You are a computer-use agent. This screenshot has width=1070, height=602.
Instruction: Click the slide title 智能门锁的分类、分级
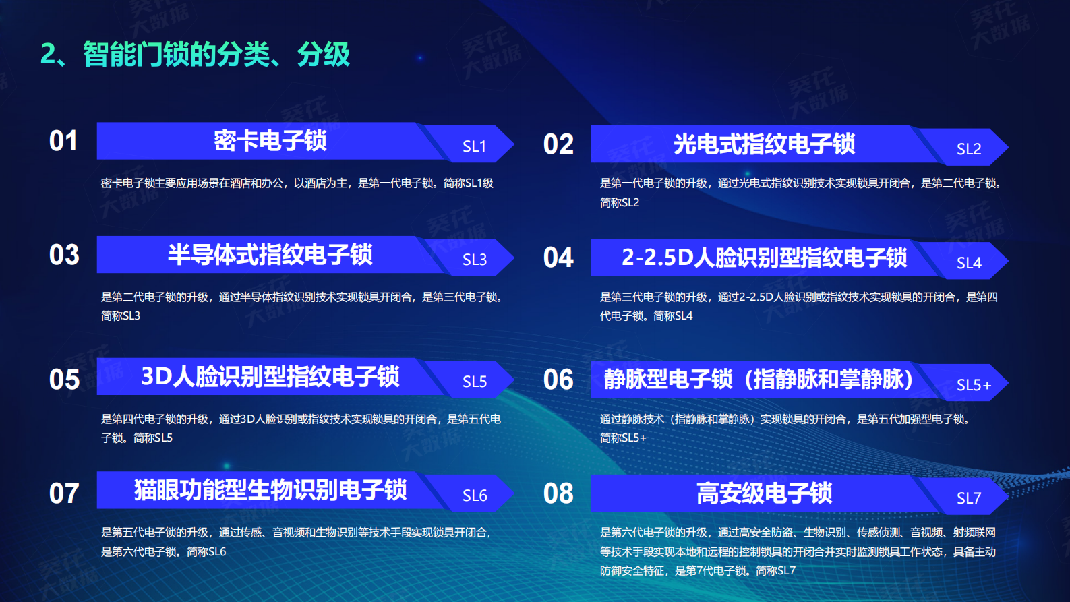195,55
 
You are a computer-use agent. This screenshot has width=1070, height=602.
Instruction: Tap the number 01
63,142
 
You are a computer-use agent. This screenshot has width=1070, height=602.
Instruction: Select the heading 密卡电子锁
270,141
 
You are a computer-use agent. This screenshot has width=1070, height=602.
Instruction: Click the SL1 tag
475,146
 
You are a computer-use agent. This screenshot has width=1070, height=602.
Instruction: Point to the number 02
558,144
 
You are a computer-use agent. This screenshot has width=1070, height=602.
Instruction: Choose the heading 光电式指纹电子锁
764,144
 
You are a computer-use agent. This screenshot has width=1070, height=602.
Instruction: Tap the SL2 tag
969,149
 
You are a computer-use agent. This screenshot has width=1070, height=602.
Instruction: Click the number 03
64,255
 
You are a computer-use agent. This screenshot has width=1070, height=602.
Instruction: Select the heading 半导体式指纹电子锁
270,255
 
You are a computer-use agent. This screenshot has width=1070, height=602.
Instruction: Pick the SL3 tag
475,260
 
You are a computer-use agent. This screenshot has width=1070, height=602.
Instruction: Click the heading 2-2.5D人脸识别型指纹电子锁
764,258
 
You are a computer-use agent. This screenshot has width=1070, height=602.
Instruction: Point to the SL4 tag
969,263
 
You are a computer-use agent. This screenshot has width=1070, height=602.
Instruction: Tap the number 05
64,380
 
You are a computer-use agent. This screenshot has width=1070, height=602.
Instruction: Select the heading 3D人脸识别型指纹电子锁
270,377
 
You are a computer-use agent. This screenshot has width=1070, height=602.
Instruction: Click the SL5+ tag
974,385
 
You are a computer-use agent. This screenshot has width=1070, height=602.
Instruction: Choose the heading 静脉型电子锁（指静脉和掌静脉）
759,380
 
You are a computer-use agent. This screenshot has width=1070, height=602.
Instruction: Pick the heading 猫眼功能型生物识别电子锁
270,490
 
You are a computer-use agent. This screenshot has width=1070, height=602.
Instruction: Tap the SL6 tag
475,495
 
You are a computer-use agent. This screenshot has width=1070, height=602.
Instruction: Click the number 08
558,493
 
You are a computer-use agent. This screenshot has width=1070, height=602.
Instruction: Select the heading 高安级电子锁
764,493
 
